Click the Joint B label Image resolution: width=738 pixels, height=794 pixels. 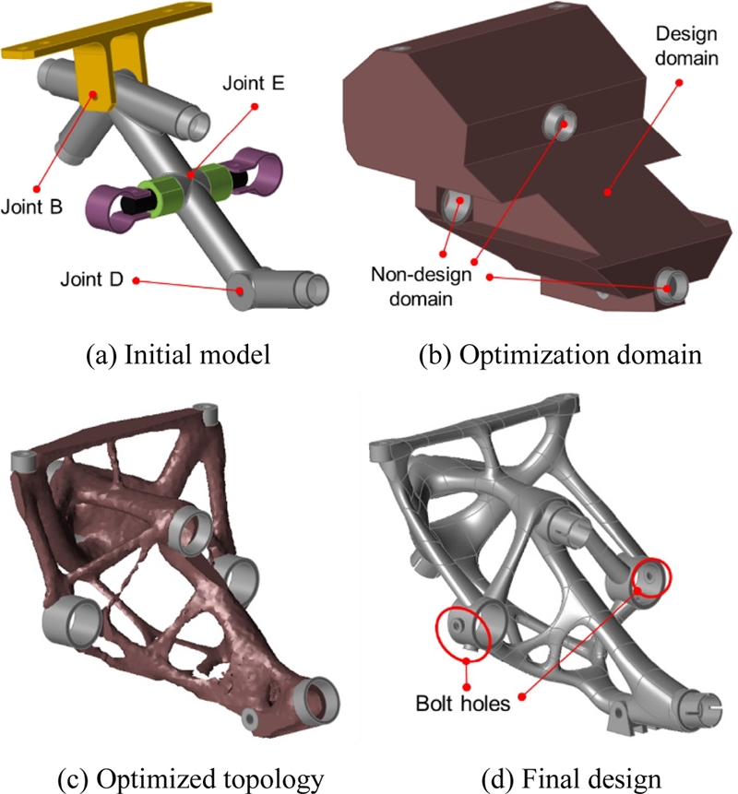point(31,207)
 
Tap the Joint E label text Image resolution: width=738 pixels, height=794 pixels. point(254,83)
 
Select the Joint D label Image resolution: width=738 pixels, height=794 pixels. point(91,279)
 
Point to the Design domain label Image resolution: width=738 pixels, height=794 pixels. point(686,45)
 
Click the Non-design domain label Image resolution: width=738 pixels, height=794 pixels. point(421,286)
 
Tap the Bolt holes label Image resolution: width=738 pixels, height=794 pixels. point(462,704)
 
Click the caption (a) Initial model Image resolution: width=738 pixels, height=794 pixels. point(178,354)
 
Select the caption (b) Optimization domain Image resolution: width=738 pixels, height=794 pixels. point(560,354)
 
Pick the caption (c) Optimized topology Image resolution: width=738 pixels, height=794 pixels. point(190,780)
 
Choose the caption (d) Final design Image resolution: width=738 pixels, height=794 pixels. point(571,780)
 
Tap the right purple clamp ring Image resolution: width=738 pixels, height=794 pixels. point(256,171)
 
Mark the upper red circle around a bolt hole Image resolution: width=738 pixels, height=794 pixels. point(652,576)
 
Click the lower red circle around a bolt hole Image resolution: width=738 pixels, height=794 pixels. point(463,633)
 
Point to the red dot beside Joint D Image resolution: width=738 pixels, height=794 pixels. point(136,280)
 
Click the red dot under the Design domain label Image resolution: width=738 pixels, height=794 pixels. point(679,82)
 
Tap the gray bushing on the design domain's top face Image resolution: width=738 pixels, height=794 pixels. point(560,124)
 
